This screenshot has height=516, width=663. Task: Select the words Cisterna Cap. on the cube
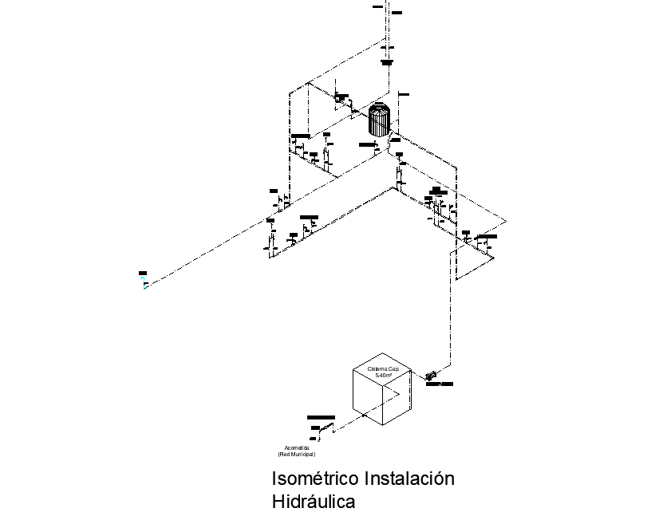pyautogui.click(x=382, y=369)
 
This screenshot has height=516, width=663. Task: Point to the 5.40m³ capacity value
pyautogui.click(x=383, y=375)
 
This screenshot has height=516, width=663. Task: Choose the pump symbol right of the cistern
pyautogui.click(x=430, y=375)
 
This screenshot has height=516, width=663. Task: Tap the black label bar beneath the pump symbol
pyautogui.click(x=439, y=384)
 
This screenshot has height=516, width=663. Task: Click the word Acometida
pyautogui.click(x=297, y=447)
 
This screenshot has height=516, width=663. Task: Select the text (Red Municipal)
pyautogui.click(x=297, y=454)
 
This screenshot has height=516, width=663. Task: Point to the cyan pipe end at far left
pyautogui.click(x=144, y=286)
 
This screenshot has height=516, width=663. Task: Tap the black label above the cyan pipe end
pyautogui.click(x=143, y=274)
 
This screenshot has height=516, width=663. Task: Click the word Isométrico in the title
pyautogui.click(x=315, y=479)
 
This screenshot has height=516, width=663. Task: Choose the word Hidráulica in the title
pyautogui.click(x=313, y=502)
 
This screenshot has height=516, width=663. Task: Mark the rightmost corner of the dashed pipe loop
pyautogui.click(x=506, y=221)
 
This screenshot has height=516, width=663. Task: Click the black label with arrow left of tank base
pyautogui.click(x=368, y=144)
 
